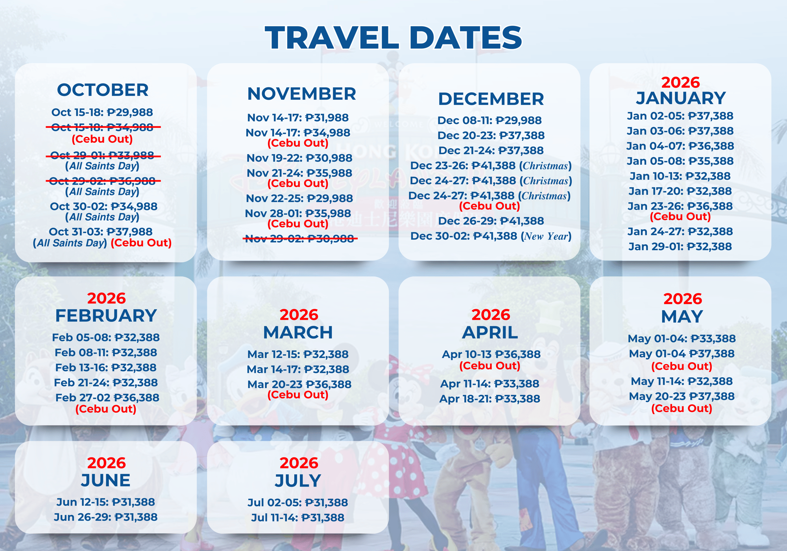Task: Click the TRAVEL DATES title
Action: click(393, 37)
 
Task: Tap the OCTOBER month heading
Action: click(103, 90)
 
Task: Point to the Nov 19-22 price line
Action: click(299, 158)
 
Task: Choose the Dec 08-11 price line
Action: click(490, 120)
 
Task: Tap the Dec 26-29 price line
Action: click(491, 221)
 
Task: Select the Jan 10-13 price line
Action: click(680, 176)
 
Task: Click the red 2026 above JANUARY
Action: click(680, 83)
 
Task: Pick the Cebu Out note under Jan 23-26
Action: click(680, 217)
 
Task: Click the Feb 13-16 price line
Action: click(106, 368)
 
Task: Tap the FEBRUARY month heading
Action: click(106, 316)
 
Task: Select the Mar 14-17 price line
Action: click(298, 369)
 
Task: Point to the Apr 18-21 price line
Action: click(490, 399)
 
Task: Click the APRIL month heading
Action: click(490, 333)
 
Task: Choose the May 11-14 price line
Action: click(682, 381)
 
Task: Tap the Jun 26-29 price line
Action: click(106, 517)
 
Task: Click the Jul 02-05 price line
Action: click(298, 503)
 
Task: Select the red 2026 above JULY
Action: click(299, 463)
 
